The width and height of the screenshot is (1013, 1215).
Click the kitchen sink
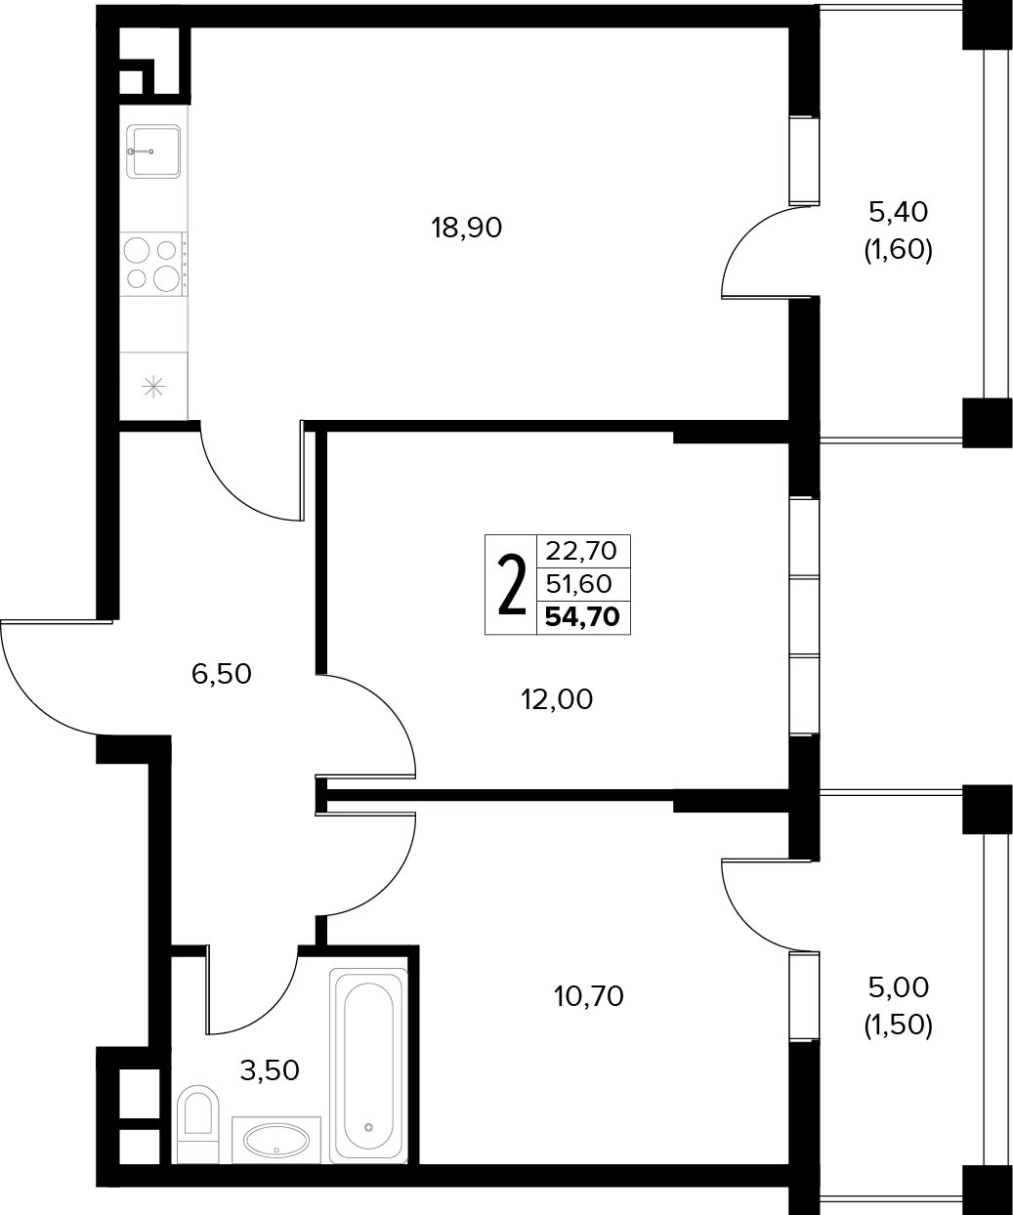coord(153,151)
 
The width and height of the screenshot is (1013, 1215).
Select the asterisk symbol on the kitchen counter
coord(153,386)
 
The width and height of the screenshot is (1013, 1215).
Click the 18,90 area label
coord(466,228)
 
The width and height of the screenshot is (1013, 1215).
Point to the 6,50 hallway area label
coord(221,674)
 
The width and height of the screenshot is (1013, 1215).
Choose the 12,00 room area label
coord(557,699)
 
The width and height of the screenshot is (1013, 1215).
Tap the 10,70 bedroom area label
coord(589,997)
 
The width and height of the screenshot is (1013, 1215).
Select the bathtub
coord(368,1066)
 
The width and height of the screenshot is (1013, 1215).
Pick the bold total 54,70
coord(582,617)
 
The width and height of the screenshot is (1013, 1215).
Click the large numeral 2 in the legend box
coord(512,584)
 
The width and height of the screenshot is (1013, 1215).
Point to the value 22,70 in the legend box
coord(580,550)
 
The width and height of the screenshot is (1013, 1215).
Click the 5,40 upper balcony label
coord(899,212)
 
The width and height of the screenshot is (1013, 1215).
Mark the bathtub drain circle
coord(368,1127)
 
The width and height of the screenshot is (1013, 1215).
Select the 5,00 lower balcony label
coord(899,988)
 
